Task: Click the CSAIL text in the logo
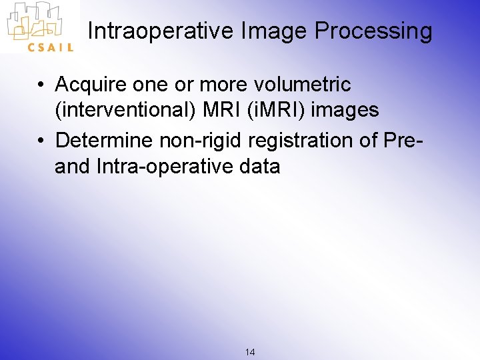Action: point(50,47)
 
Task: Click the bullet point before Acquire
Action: point(41,85)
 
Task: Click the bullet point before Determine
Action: point(41,141)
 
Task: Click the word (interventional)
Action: point(125,110)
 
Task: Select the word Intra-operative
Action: point(164,166)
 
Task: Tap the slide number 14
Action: point(250,351)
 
